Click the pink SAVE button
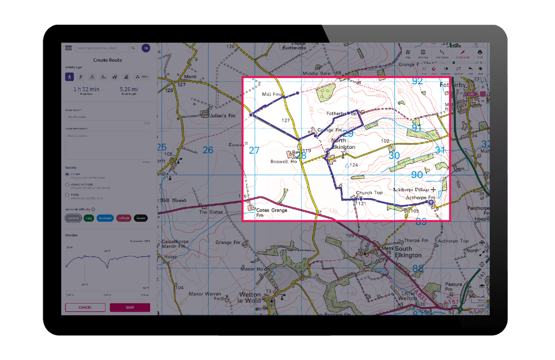129,308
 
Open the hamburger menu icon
68,48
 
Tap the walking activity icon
69,77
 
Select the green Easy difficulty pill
88,218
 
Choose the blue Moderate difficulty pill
105,218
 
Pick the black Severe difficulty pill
140,218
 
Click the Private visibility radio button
67,175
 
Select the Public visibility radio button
67,195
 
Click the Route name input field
107,117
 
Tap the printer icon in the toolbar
479,52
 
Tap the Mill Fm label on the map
272,94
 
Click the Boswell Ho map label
283,161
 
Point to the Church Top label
369,193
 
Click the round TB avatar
146,48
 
